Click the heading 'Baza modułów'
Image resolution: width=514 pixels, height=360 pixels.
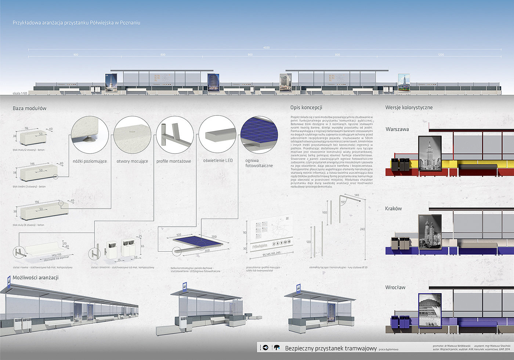[x=29, y=108]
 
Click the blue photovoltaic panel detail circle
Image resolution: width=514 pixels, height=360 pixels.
[x=259, y=134]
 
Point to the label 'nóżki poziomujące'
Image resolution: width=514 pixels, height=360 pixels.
[x=90, y=161]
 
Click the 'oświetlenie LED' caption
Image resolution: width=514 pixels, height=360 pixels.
[x=218, y=161]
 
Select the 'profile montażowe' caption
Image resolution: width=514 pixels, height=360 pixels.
[x=174, y=161]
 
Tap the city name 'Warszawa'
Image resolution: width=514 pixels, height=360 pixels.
[x=397, y=129]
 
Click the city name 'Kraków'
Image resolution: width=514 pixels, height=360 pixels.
[x=393, y=208]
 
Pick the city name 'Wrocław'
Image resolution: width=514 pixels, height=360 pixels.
[x=395, y=287]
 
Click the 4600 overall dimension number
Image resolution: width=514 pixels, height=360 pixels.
[x=266, y=48]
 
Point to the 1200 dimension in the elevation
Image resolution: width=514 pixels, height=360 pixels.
[x=441, y=55]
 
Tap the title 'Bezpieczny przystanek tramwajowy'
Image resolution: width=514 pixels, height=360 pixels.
[x=331, y=348]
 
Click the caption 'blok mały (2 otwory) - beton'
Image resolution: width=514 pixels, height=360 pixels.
[x=29, y=150]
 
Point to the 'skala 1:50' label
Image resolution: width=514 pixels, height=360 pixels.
[x=20, y=93]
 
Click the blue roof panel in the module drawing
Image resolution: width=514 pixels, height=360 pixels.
[x=198, y=242]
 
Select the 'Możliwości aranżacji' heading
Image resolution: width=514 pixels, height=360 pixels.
[x=36, y=278]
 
